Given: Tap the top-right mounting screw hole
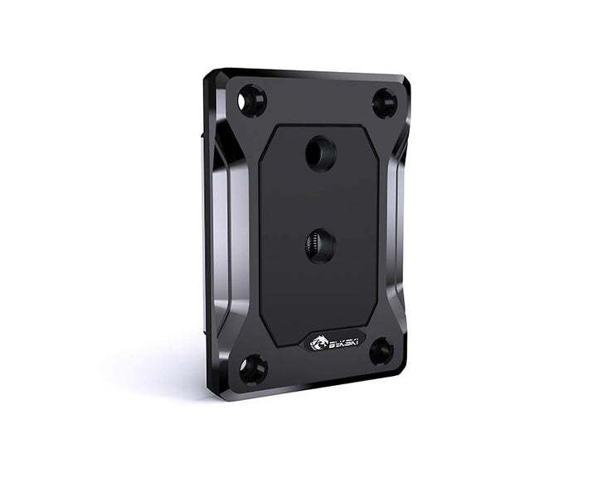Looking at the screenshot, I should (x=384, y=104).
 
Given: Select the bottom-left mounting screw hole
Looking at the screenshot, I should (x=253, y=369).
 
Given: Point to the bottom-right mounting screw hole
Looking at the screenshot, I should (x=381, y=351).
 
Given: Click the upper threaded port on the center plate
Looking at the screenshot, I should (x=320, y=154).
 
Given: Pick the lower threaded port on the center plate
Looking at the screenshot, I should (x=320, y=246).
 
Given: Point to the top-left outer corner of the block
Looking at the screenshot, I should (x=209, y=75).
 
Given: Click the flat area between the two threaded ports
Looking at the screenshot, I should (x=320, y=200).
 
